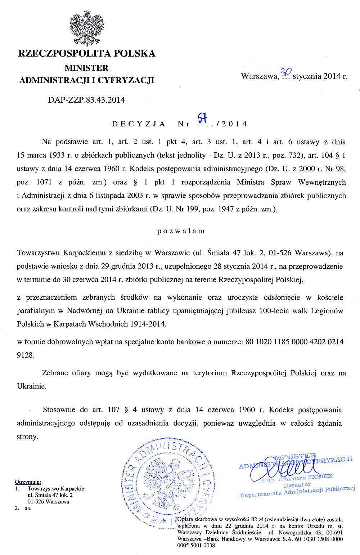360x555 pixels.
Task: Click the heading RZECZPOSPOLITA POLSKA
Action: click(87, 54)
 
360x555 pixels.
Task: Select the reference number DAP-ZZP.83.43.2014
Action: click(86, 100)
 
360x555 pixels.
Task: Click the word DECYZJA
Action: click(139, 124)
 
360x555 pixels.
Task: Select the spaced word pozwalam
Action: click(181, 231)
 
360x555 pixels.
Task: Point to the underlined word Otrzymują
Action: click(28, 482)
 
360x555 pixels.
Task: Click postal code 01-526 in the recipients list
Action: click(36, 501)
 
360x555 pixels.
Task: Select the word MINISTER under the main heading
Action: click(86, 68)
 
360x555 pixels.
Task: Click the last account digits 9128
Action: click(26, 355)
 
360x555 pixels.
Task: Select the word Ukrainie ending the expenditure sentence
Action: click(31, 386)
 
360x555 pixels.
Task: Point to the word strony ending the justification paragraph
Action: click(27, 437)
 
